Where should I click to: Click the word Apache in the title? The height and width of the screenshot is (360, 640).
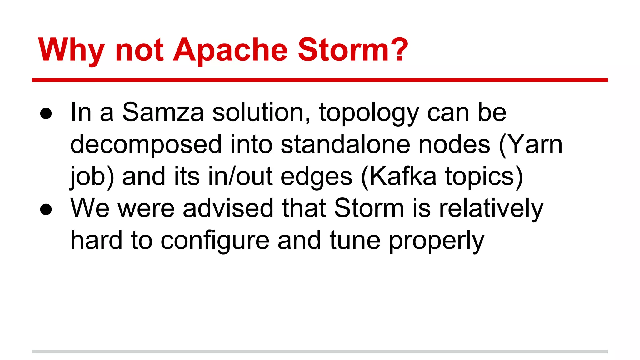(x=230, y=50)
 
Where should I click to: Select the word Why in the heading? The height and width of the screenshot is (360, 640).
(x=71, y=50)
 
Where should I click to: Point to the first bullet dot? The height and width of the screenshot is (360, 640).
(x=46, y=114)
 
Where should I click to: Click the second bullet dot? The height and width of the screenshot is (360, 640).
(x=46, y=209)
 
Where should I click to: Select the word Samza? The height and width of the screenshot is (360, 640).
(x=163, y=112)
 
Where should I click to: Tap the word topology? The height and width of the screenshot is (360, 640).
(x=369, y=113)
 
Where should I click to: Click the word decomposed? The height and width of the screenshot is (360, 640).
(x=146, y=145)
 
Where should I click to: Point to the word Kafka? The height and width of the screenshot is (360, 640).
(x=403, y=176)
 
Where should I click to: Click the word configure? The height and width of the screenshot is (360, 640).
(x=215, y=241)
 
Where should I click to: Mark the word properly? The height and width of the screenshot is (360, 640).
(x=437, y=241)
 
